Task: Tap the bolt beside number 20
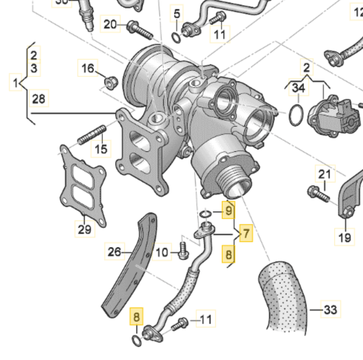139,29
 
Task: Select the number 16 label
88,68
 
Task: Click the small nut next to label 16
110,80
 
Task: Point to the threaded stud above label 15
91,135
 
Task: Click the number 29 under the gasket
85,229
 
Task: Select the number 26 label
115,251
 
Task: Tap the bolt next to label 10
183,250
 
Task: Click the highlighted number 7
246,233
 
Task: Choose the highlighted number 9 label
228,209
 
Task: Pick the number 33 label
331,309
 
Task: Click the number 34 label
298,89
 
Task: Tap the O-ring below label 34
296,115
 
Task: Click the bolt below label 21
316,192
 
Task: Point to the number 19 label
345,237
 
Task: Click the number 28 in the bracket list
39,98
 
